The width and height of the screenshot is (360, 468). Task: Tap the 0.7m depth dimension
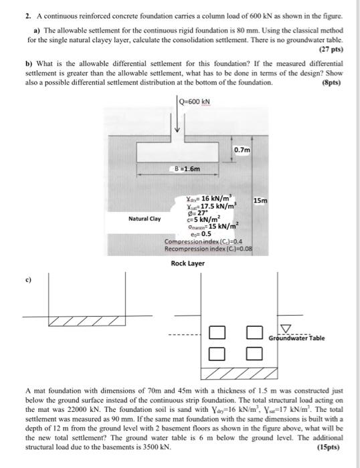click(x=242, y=150)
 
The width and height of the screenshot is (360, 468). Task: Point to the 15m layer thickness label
click(x=262, y=201)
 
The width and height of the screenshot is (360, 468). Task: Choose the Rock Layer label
click(x=188, y=263)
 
